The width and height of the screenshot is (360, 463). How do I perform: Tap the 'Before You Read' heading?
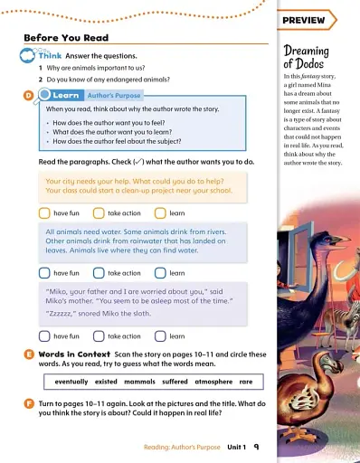click(x=66, y=38)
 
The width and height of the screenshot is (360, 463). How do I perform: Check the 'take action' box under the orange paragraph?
click(x=99, y=213)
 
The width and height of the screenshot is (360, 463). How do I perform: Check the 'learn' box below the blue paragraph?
click(x=160, y=272)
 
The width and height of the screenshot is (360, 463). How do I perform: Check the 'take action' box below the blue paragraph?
click(x=99, y=272)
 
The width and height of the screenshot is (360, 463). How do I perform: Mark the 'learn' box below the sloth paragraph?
click(x=160, y=336)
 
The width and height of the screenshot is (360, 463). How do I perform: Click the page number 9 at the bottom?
click(x=257, y=447)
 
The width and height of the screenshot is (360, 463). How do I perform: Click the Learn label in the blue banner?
click(x=66, y=94)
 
